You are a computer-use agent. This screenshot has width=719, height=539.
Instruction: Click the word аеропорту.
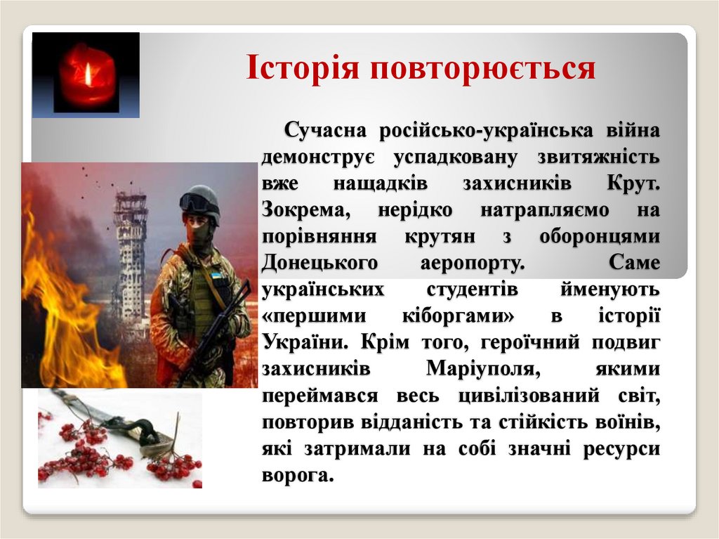pos(468,263)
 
